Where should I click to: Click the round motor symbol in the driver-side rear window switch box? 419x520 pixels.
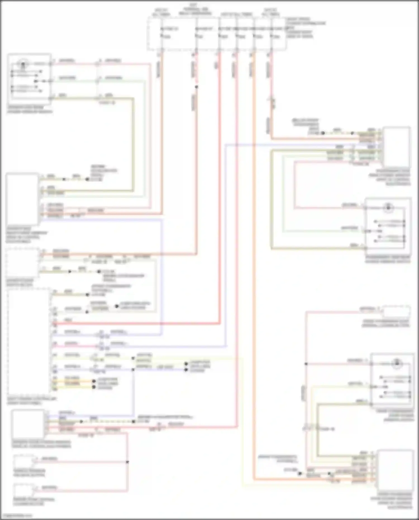[23, 65]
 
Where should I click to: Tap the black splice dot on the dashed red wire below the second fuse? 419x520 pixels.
[196, 87]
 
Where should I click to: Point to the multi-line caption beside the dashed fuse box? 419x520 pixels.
[305, 28]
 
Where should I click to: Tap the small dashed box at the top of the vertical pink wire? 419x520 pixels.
[396, 311]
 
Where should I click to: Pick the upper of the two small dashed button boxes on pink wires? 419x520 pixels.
[24, 461]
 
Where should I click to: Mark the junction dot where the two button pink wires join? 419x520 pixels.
[127, 462]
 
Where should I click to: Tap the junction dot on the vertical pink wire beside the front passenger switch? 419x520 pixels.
[306, 364]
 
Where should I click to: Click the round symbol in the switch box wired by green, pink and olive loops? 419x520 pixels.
[388, 208]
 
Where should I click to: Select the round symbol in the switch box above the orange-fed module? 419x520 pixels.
[397, 363]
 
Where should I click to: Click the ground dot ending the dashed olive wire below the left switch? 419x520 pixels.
[87, 179]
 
